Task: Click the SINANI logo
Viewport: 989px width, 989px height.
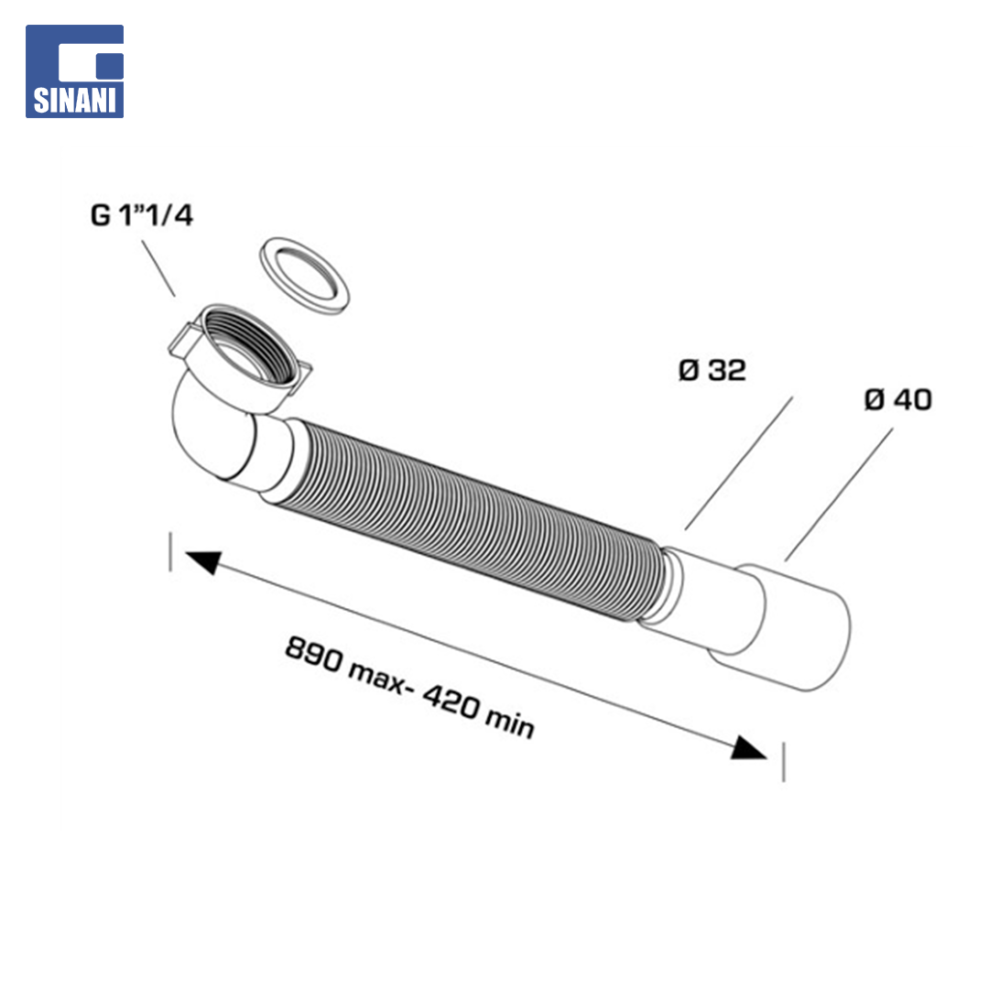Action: pos(74,71)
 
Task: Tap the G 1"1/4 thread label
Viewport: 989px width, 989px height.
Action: pos(142,215)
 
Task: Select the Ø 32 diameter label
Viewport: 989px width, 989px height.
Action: pos(712,370)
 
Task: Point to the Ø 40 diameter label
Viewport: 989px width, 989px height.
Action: pos(898,399)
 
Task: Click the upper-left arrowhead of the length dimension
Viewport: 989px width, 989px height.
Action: pos(203,560)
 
